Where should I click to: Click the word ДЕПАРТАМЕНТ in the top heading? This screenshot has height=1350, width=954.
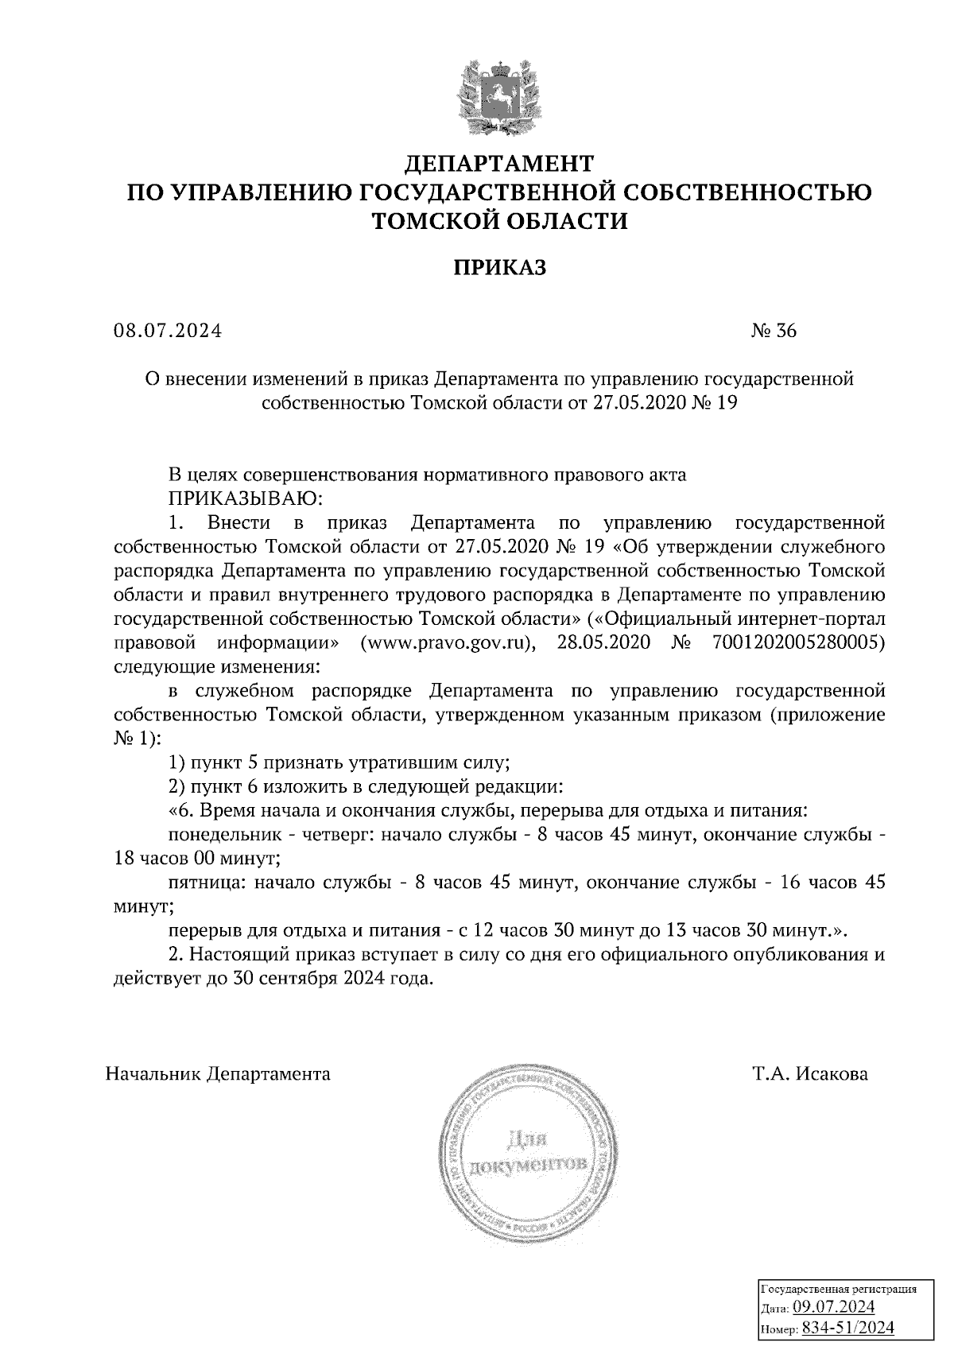point(500,164)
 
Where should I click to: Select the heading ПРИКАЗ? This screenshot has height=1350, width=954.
point(500,268)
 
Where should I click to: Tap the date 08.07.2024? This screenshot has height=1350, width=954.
point(168,331)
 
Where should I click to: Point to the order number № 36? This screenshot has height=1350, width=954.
point(773,331)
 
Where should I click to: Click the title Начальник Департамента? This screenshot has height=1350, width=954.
point(219,1074)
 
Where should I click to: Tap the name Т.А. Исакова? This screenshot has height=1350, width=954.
point(811,1074)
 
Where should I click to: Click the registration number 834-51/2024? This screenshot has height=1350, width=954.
point(848,1328)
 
